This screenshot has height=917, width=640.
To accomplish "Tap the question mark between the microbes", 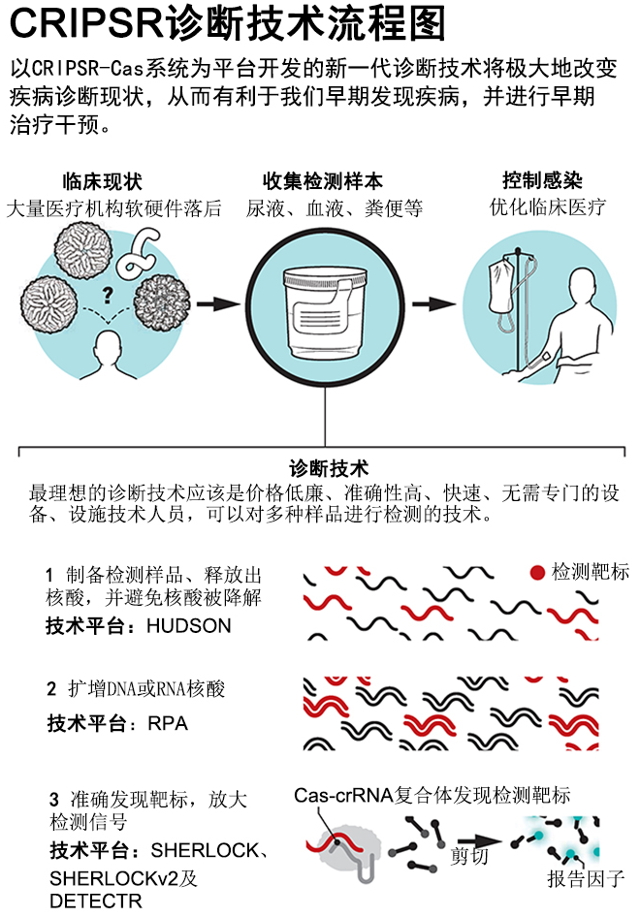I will pos(107,292).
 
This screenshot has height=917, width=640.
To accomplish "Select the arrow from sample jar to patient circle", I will pos(428,303).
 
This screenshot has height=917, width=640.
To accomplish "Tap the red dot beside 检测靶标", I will pos(537,573).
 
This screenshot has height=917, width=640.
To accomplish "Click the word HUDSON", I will pos(189,625).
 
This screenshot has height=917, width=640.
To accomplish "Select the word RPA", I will pos(167,723).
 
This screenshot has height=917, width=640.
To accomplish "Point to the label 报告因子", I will pos(586,879).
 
